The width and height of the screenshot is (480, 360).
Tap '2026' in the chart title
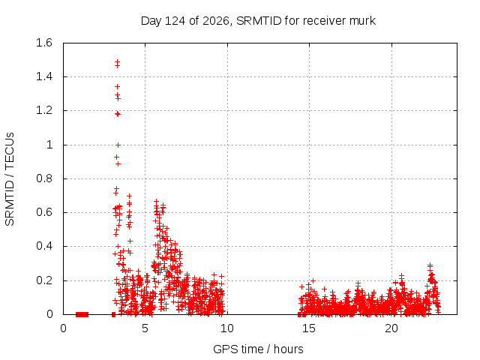coord(216,21)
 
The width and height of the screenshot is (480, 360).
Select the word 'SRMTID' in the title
coord(259,21)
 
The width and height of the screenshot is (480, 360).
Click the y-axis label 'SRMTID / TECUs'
coord(10,179)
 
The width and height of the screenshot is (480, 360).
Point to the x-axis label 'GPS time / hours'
coord(258,349)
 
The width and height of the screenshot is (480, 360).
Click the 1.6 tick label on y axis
coord(44,43)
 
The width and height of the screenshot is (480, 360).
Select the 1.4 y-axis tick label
coord(44,76)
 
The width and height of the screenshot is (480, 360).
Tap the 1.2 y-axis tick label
coord(44,110)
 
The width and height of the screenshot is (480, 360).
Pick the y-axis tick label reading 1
coord(49,145)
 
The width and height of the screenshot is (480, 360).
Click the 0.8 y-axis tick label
coord(44,178)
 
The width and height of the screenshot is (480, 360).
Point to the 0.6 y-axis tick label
coord(44,212)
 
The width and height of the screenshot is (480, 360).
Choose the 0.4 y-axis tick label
coord(44,247)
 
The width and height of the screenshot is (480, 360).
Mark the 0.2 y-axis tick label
coord(44,280)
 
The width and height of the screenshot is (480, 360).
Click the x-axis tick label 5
coord(145,328)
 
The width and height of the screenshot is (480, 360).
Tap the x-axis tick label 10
coord(226,328)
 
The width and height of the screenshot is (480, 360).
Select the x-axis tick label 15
coord(309,328)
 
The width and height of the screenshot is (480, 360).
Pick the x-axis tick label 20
coord(391,328)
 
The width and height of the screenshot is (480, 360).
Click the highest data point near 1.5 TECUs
coord(117,61)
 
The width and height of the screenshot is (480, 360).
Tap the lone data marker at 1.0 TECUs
coord(118,145)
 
